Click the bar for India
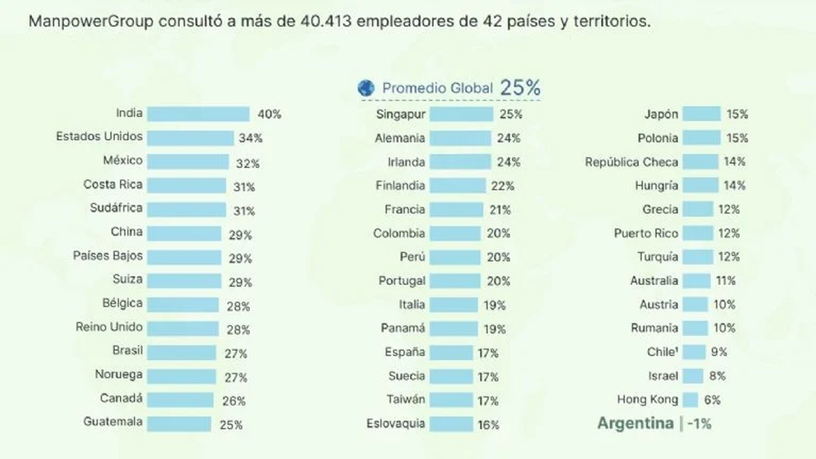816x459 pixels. pyautogui.click(x=198, y=114)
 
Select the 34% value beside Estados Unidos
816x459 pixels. pyautogui.click(x=250, y=138)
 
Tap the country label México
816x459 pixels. pyautogui.click(x=122, y=160)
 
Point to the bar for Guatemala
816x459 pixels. pyautogui.click(x=179, y=424)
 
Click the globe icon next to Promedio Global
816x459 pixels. pyautogui.click(x=367, y=88)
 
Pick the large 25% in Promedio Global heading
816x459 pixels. pyautogui.click(x=520, y=87)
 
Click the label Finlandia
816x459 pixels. pyautogui.click(x=400, y=185)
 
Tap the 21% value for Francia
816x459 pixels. pyautogui.click(x=500, y=209)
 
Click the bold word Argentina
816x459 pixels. pyautogui.click(x=635, y=423)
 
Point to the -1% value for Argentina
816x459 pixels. pyautogui.click(x=699, y=424)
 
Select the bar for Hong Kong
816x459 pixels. pyautogui.click(x=690, y=400)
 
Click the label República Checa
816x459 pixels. pyautogui.click(x=632, y=162)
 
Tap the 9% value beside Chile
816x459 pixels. pyautogui.click(x=719, y=352)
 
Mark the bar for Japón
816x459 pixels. pyautogui.click(x=701, y=114)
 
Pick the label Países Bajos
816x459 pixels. pyautogui.click(x=108, y=256)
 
